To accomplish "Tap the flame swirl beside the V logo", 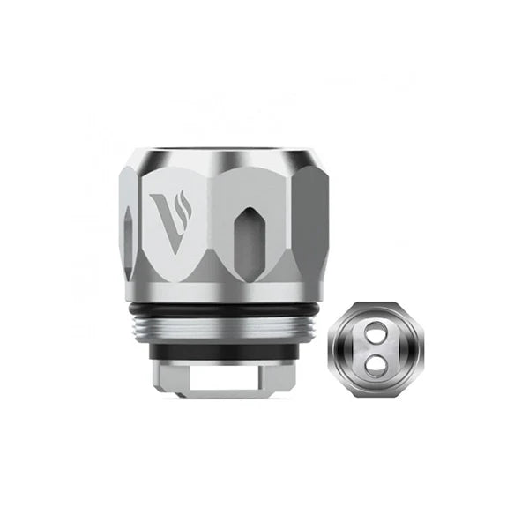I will pyautogui.click(x=183, y=205).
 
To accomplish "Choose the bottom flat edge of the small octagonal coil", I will pyautogui.click(x=374, y=393).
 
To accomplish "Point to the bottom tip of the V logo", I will pyautogui.click(x=168, y=250).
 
